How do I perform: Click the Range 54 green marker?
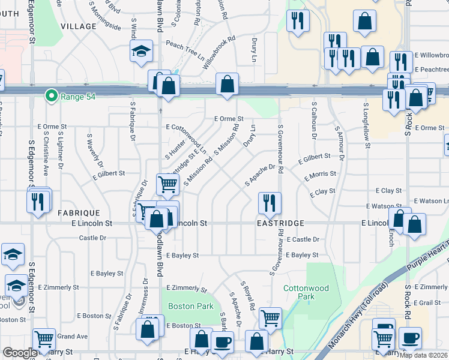pos(52,95)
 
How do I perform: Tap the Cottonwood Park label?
pos(306,292)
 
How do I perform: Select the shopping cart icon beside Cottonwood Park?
pos(271,317)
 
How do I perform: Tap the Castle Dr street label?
pos(92,238)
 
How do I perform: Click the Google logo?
pos(20,353)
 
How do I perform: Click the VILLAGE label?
pos(78,26)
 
